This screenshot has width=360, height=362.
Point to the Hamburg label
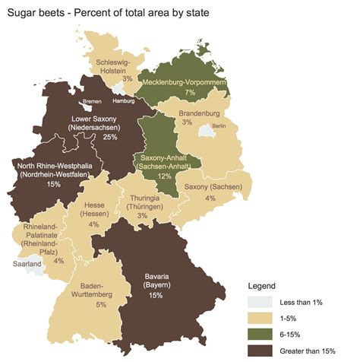click(123, 100)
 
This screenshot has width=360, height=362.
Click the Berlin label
click(219, 125)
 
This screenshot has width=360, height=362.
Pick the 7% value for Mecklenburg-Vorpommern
click(190, 92)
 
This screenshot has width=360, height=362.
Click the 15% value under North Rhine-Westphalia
click(54, 183)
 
